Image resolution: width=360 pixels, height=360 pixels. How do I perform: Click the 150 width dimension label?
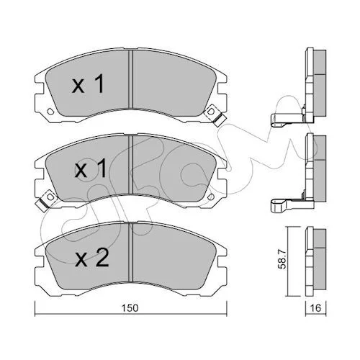[130, 308]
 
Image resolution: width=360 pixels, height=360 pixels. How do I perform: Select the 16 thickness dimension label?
[315, 307]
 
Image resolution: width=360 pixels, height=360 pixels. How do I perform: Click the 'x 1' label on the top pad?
[88, 84]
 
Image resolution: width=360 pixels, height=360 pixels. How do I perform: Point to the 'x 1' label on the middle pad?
[91, 169]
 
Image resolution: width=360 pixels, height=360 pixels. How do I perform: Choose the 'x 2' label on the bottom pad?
[92, 258]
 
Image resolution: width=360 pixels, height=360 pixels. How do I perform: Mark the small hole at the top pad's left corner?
[50, 111]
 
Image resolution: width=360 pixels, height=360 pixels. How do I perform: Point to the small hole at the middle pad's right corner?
[211, 197]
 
